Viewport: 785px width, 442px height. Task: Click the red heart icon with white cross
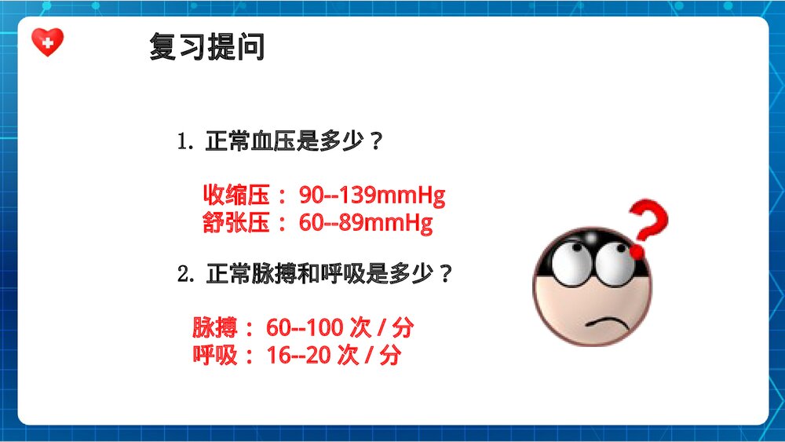pyautogui.click(x=47, y=42)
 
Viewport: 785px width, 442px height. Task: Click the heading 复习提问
pyautogui.click(x=207, y=47)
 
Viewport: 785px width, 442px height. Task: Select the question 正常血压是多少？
pyautogui.click(x=294, y=143)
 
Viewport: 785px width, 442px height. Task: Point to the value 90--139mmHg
pyautogui.click(x=372, y=195)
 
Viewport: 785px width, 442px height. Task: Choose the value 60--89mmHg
pyautogui.click(x=366, y=224)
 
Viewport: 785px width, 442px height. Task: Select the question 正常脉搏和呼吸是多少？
pyautogui.click(x=329, y=275)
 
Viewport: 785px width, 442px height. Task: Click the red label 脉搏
pyautogui.click(x=214, y=327)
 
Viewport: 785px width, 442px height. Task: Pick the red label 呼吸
pyautogui.click(x=214, y=356)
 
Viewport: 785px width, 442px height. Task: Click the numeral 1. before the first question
pyautogui.click(x=185, y=144)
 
